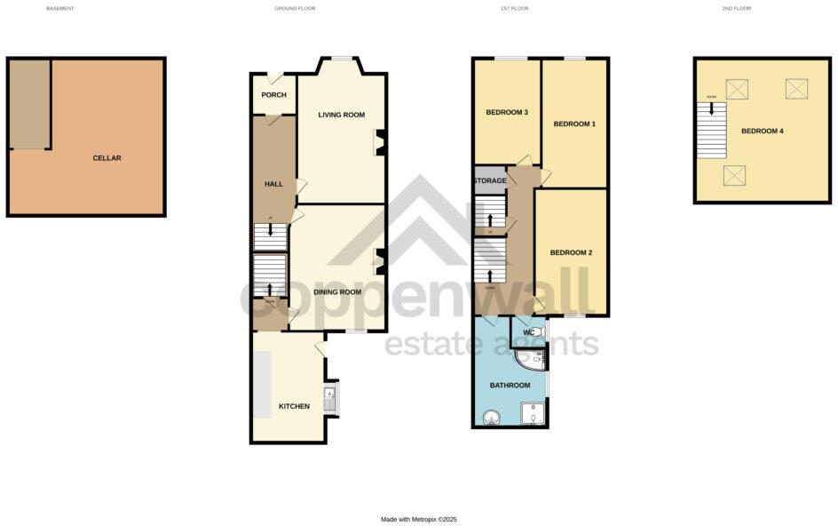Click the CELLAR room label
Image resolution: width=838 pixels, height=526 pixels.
pyautogui.click(x=107, y=158)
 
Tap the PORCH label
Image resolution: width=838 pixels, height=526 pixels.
pyautogui.click(x=273, y=95)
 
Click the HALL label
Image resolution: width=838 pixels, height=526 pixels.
pyautogui.click(x=273, y=184)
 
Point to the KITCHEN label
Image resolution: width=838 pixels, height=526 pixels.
pyautogui.click(x=294, y=406)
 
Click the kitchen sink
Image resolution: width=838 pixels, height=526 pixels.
pyautogui.click(x=329, y=401)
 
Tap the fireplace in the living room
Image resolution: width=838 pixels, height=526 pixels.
pyautogui.click(x=379, y=142)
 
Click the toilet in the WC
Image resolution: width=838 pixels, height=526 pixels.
pyautogui.click(x=540, y=331)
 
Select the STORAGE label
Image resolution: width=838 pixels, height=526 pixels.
pyautogui.click(x=489, y=181)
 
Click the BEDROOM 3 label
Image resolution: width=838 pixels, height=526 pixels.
pyautogui.click(x=507, y=113)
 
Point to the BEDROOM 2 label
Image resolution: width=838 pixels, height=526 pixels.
pyautogui.click(x=571, y=252)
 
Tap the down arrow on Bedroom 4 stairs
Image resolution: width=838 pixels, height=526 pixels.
pyautogui.click(x=710, y=110)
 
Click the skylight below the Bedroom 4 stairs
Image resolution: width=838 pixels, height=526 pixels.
pyautogui.click(x=734, y=175)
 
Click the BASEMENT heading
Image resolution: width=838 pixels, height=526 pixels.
pyautogui.click(x=60, y=8)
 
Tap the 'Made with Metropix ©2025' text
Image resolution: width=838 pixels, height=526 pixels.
pyautogui.click(x=418, y=519)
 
